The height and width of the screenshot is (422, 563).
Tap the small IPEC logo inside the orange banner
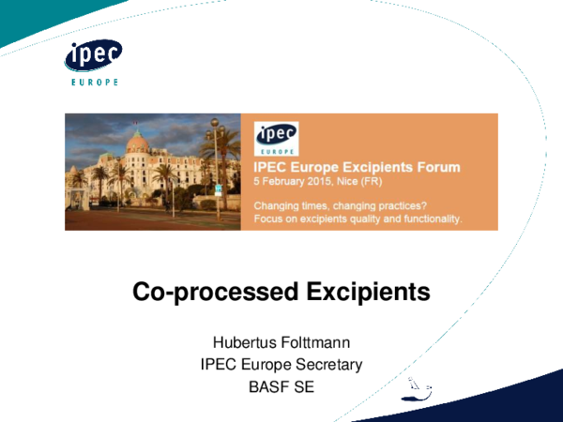276,139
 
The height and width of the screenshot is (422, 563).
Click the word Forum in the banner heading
437,168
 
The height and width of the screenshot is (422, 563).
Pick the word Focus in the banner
269,219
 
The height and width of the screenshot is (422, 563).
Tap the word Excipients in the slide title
369,293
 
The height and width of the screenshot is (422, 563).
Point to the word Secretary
327,364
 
